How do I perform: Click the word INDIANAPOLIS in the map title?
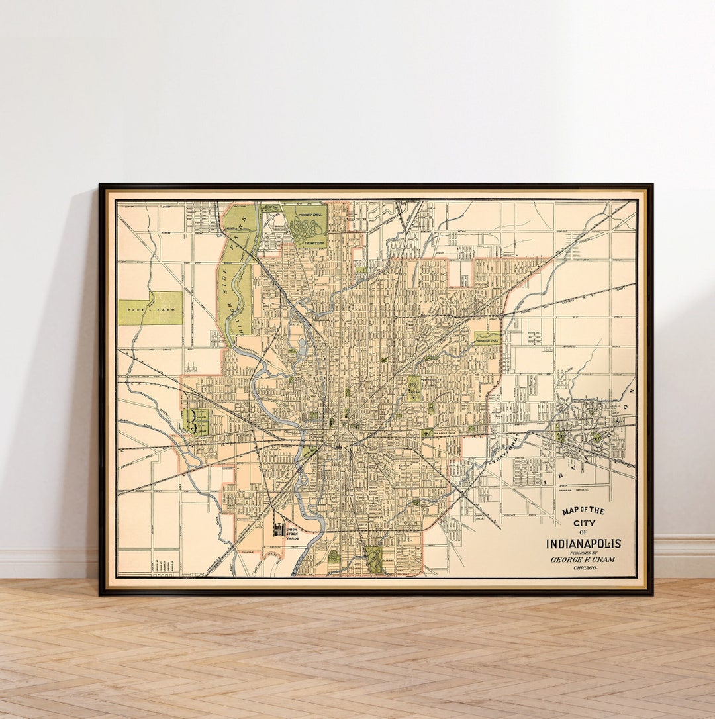(583, 544)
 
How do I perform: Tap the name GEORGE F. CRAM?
(583, 559)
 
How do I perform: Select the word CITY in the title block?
(583, 522)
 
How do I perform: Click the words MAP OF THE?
(583, 511)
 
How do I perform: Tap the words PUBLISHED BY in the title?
(583, 552)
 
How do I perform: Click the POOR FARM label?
(150, 308)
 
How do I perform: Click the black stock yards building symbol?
(279, 530)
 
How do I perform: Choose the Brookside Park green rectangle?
(487, 338)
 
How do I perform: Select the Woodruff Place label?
(414, 387)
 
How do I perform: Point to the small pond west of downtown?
(303, 345)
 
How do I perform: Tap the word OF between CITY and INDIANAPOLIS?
(583, 532)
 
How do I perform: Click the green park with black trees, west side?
(197, 421)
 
